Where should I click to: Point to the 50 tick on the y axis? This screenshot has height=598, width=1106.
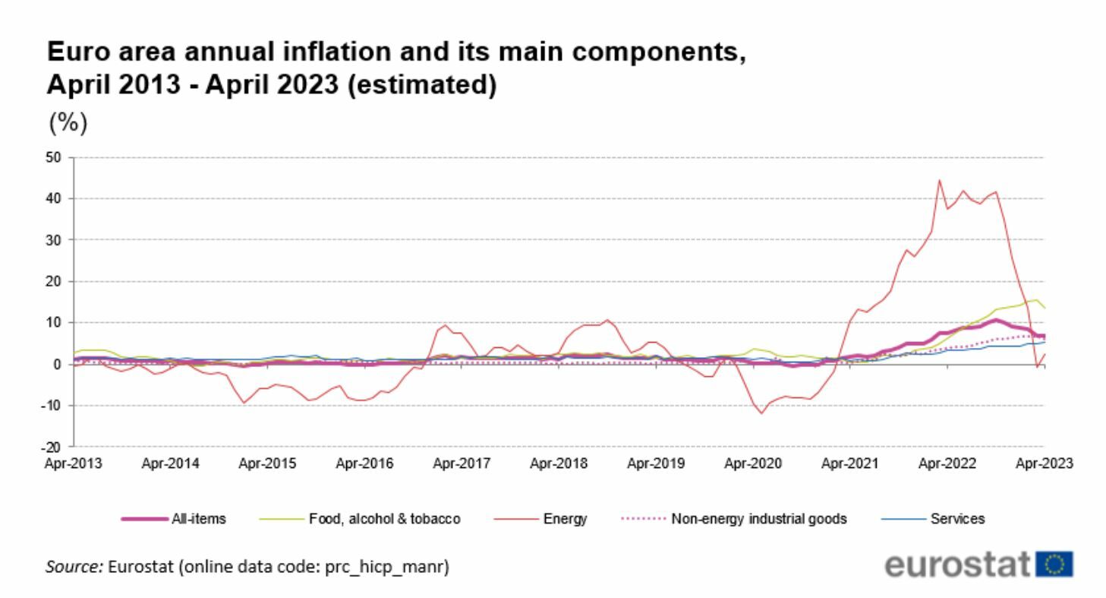click(58, 157)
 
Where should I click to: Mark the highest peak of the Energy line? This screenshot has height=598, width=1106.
click(940, 181)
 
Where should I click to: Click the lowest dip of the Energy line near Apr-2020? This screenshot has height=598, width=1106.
click(761, 413)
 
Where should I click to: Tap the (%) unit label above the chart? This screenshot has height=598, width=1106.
click(68, 122)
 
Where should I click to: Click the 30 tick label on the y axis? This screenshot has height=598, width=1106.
click(58, 240)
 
